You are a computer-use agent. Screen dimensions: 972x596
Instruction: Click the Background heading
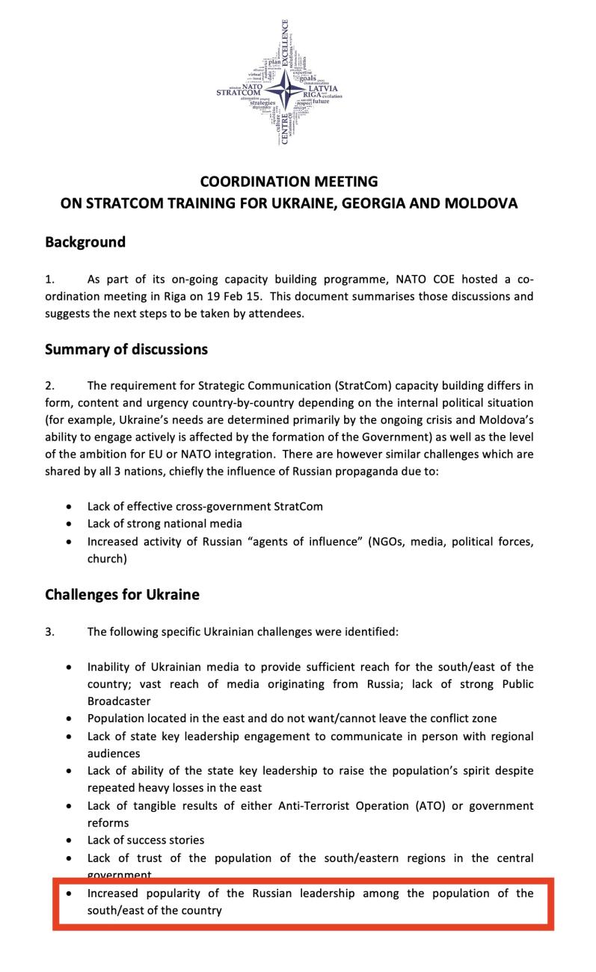[85, 242]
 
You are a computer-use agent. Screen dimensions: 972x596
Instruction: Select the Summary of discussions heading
[126, 349]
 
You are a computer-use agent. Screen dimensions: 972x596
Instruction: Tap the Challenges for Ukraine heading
[122, 594]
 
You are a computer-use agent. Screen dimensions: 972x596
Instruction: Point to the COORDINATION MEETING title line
[289, 182]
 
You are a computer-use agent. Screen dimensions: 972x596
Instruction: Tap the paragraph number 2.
[49, 386]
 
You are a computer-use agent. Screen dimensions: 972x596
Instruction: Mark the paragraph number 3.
[49, 632]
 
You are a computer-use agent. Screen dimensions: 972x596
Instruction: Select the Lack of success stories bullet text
[146, 840]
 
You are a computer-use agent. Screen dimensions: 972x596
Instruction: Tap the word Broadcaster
[119, 701]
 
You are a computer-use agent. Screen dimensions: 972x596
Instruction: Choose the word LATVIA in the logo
[322, 88]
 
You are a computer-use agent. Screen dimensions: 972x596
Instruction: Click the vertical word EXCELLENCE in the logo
[285, 45]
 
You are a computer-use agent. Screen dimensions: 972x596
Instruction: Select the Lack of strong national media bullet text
[165, 523]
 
